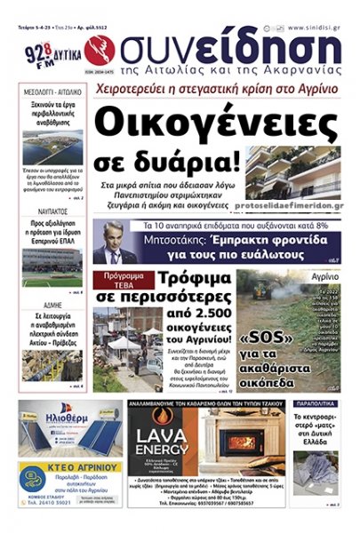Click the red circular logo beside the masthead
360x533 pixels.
click(x=104, y=46)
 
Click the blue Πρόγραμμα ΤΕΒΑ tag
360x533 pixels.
click(x=119, y=277)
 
